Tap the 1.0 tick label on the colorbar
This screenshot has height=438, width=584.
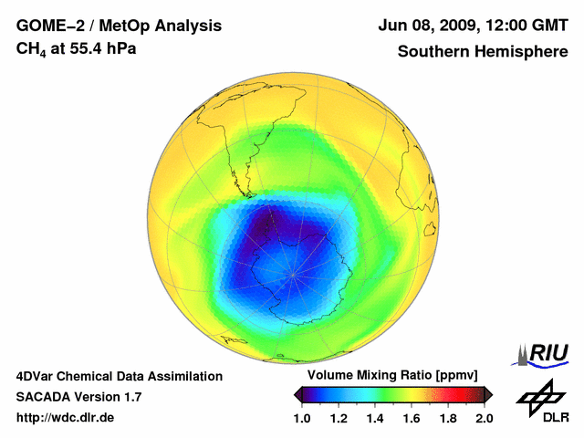pos(304,418)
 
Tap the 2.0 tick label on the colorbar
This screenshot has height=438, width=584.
pos(484,418)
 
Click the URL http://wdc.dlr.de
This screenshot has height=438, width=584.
pos(66,418)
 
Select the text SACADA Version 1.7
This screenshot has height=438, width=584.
pos(78,397)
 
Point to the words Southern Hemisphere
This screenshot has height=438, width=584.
pos(482,52)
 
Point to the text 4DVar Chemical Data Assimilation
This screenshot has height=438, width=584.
pos(119,376)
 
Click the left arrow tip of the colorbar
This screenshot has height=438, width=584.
pos(297,393)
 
